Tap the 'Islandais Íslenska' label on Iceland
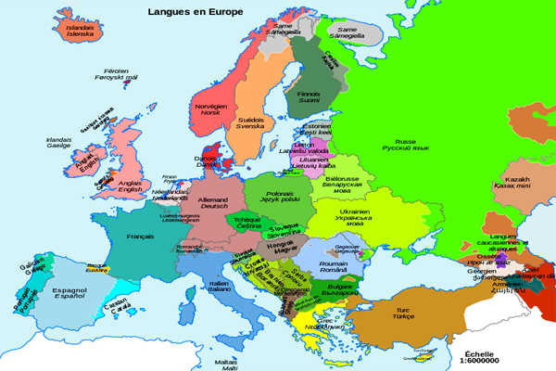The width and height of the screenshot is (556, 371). (x=81, y=30)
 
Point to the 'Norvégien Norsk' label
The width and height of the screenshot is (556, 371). (x=209, y=109)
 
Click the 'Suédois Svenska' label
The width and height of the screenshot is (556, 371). (x=251, y=123)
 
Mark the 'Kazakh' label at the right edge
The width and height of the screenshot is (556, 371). (x=517, y=182)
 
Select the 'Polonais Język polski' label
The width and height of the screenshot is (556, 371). (x=279, y=195)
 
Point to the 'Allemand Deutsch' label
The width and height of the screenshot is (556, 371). (x=214, y=203)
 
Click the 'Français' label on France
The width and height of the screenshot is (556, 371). (x=140, y=237)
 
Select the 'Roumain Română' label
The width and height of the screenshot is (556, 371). (x=333, y=266)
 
